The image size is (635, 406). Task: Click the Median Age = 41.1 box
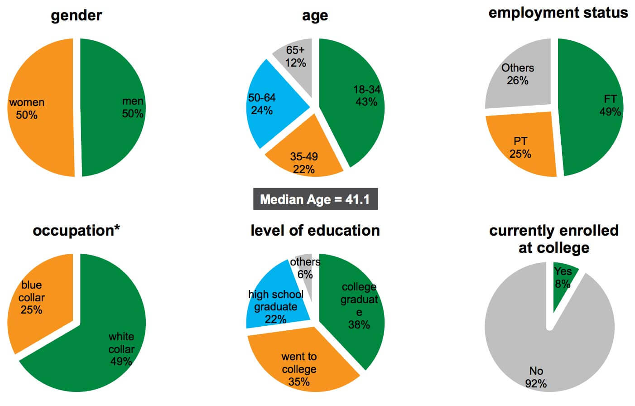click(315, 199)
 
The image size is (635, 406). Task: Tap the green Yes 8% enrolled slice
click(563, 281)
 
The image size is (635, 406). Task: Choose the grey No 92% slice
click(539, 353)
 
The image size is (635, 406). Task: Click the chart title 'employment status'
click(558, 13)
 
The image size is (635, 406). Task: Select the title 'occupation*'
click(76, 231)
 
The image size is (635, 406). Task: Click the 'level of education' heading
click(315, 231)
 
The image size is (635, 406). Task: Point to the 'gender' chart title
click(76, 15)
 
